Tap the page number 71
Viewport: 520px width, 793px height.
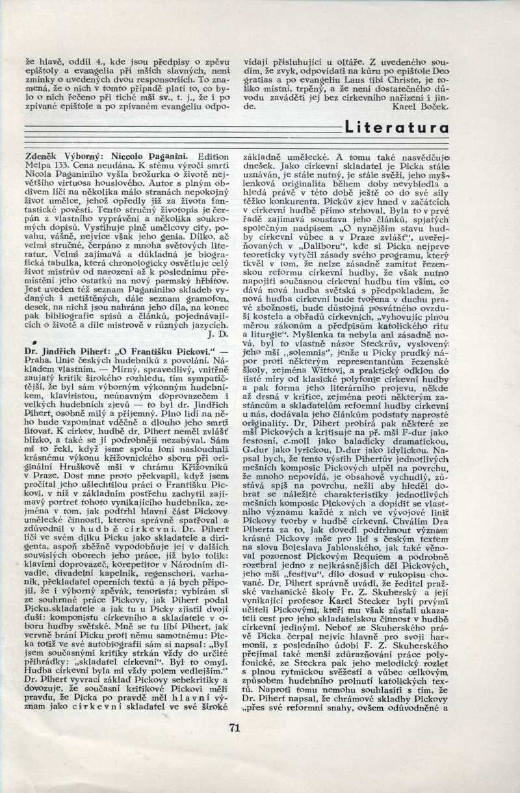(x=235, y=727)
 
